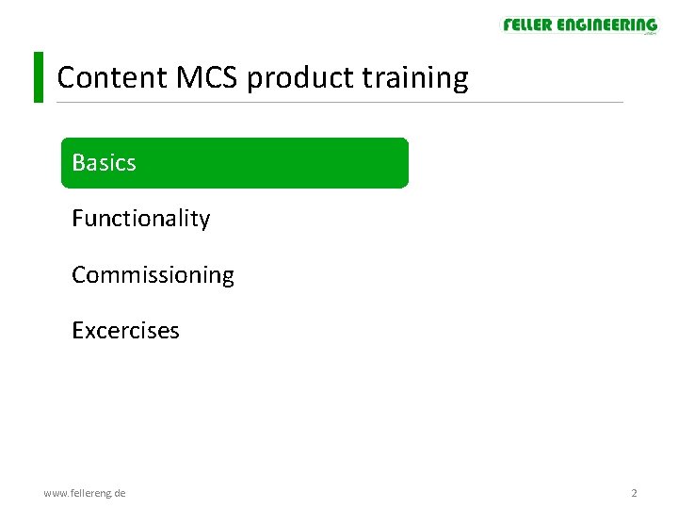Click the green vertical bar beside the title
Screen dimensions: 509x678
(x=39, y=76)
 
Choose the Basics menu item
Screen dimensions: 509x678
(x=234, y=163)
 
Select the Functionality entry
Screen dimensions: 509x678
(x=140, y=219)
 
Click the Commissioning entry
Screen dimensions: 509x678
(x=153, y=275)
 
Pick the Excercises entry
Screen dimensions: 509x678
(x=125, y=331)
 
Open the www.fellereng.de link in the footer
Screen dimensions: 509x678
(x=85, y=493)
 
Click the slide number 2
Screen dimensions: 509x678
(x=634, y=493)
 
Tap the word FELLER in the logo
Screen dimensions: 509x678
(x=527, y=25)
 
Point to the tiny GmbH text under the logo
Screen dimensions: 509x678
(x=649, y=35)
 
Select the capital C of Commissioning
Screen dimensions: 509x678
(x=79, y=275)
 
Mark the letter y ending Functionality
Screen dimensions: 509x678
(x=204, y=222)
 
